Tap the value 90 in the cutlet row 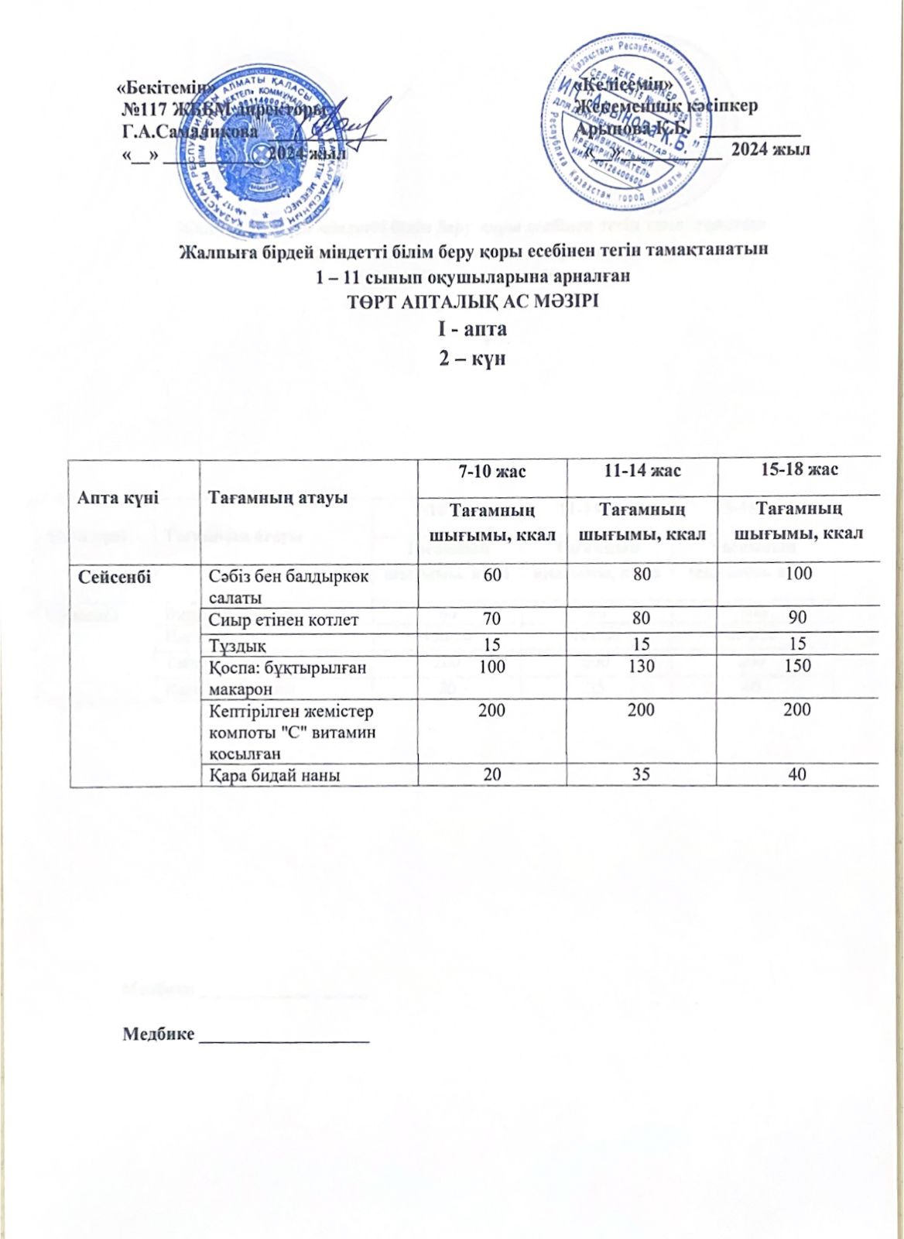pos(798,620)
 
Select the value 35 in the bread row pos(641,774)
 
